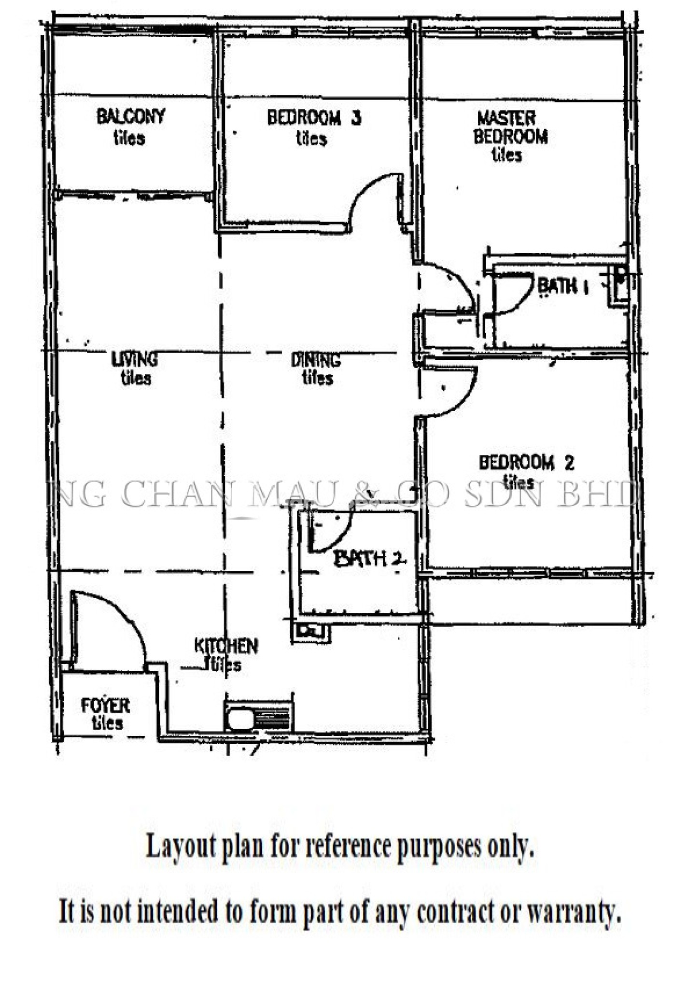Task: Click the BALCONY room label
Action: point(131,116)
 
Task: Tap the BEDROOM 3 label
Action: point(314,118)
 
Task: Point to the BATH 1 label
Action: point(563,286)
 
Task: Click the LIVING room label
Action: point(134,359)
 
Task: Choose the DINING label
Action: point(316,360)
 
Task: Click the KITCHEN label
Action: point(226,646)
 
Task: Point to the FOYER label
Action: point(105,706)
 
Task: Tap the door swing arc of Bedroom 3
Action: point(372,196)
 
